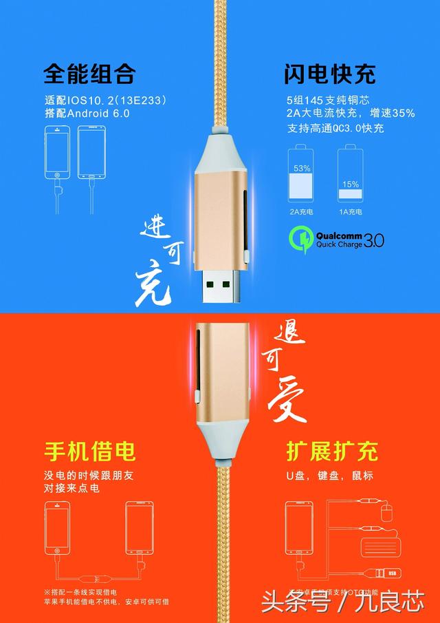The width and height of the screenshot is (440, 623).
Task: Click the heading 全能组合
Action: pos(89,73)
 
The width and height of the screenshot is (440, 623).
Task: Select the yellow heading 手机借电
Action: pos(89,452)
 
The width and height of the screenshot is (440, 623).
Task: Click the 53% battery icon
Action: pos(302,176)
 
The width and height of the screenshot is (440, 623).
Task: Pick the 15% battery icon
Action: pos(350,176)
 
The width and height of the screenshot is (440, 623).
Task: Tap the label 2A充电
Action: pos(302,211)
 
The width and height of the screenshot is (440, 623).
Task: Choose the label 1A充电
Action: pos(350,211)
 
